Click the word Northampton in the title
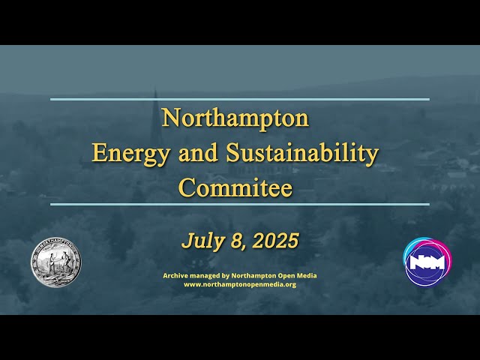click(235, 118)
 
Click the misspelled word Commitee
click(235, 187)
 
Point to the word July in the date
click(199, 241)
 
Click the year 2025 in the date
click(275, 241)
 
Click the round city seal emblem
click(55, 262)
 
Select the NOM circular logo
click(427, 262)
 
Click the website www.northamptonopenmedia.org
click(240, 284)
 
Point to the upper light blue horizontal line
click(240, 99)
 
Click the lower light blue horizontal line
click(240, 204)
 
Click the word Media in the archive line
click(306, 275)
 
